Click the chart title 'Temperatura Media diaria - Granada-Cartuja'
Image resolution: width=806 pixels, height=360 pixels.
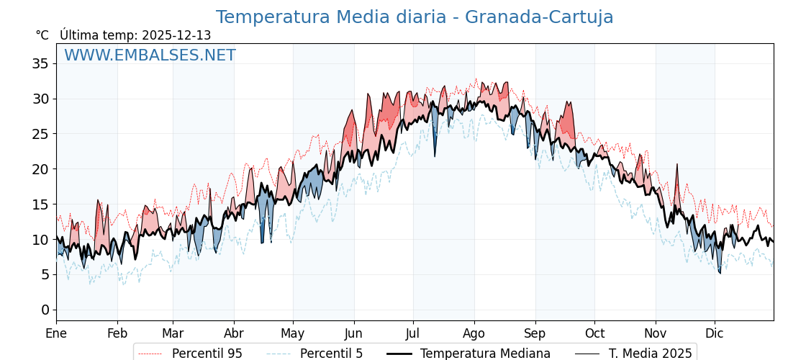point(415,17)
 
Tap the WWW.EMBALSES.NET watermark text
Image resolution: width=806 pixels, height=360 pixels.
point(150,55)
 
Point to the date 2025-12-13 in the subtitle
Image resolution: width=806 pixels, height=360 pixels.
point(176,35)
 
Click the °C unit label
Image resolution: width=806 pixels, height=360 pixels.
point(42,35)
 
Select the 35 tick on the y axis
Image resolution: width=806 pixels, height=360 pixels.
point(40,63)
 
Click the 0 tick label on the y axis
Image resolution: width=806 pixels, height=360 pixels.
point(45,310)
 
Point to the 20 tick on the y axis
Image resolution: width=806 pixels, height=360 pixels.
point(40,169)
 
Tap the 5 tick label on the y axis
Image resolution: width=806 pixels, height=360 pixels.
point(45,274)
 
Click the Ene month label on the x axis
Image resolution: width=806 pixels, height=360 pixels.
point(56,333)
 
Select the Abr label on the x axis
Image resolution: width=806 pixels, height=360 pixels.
point(234,333)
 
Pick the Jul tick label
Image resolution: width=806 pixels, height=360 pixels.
point(413,333)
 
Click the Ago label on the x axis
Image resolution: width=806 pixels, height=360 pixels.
point(474,333)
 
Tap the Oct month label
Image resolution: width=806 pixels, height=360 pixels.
point(594,333)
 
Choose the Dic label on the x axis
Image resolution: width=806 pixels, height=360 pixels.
point(715,333)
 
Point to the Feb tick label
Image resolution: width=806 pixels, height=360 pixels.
point(117,333)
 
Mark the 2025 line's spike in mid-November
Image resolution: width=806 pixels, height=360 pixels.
point(676,165)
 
